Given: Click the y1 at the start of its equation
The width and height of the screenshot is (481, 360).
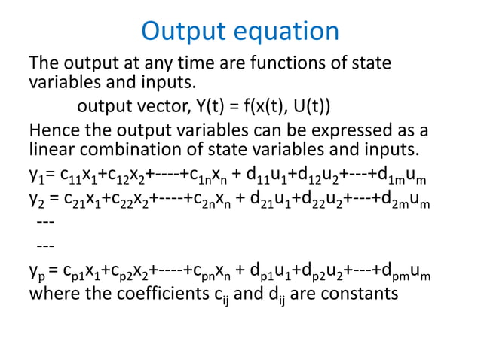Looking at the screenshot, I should click(x=35, y=179).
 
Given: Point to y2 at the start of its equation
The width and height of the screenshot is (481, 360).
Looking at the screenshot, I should click(x=36, y=200).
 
